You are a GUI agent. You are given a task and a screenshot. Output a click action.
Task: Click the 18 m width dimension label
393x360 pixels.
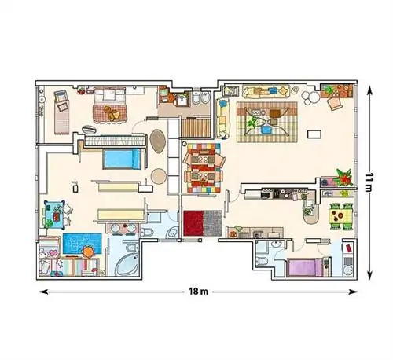pyautogui.click(x=198, y=291)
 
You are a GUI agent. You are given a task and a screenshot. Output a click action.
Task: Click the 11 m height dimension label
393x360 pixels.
pyautogui.click(x=369, y=182)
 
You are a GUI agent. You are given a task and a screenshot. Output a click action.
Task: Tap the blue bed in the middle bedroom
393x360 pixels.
pyautogui.click(x=122, y=159)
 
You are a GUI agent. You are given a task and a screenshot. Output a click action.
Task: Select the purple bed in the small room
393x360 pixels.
pyautogui.click(x=305, y=267)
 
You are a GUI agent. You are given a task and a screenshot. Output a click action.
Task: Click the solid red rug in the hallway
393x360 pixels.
pyautogui.click(x=193, y=223)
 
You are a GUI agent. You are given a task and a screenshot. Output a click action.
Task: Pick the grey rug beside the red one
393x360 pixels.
pyautogui.click(x=213, y=223)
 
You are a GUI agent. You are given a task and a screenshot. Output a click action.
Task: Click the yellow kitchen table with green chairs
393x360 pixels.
pyautogui.click(x=340, y=216)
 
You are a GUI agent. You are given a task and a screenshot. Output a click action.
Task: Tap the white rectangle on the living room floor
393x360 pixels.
pyautogui.click(x=314, y=134)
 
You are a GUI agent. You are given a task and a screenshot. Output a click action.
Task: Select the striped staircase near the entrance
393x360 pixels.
pyautogui.click(x=196, y=127)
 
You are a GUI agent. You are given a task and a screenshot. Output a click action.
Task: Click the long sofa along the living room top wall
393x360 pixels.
pyautogui.click(x=266, y=91)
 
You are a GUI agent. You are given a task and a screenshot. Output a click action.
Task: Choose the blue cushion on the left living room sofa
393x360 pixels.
pyautogui.click(x=222, y=103)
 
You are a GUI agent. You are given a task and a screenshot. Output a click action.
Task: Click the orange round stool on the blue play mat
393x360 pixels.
pyautogui.click(x=88, y=252)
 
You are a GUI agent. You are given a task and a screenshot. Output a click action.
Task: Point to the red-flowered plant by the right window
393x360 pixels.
pyautogui.click(x=344, y=178)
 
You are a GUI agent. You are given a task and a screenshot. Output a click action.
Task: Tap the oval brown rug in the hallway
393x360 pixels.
pyautogui.click(x=157, y=141)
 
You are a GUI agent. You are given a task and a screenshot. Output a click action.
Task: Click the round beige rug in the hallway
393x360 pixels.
pyautogui.click(x=159, y=176)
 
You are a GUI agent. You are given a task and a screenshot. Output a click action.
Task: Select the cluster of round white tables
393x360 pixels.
pyautogui.click(x=310, y=97)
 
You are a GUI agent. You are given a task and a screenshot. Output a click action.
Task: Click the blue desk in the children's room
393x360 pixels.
pyautogui.click(x=54, y=215)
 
